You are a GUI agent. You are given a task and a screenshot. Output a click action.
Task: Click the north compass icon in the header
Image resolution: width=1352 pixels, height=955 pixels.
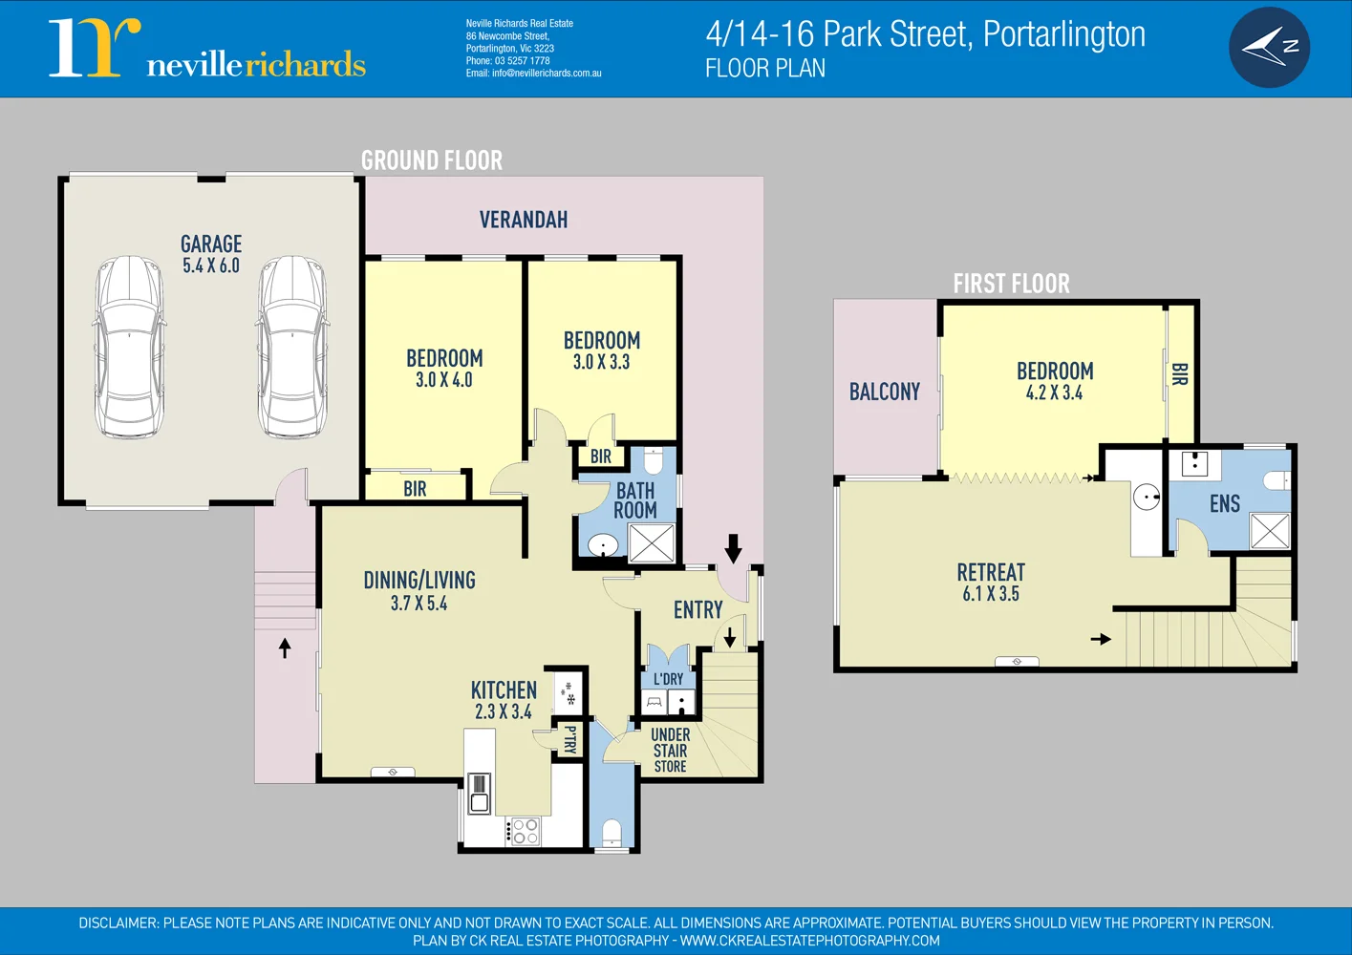(1269, 48)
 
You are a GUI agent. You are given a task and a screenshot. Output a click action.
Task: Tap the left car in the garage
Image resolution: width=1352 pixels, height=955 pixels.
(130, 347)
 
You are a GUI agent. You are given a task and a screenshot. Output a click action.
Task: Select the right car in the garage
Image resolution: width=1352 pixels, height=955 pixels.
(292, 347)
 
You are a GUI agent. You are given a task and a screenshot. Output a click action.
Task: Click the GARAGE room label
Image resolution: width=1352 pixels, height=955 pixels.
(211, 244)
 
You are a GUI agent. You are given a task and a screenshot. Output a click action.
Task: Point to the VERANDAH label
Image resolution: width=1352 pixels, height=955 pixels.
(524, 221)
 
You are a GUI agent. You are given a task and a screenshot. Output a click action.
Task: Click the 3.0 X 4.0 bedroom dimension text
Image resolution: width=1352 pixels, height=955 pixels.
(444, 380)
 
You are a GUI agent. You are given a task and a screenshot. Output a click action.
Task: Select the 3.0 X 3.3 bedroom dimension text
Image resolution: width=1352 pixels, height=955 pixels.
(601, 362)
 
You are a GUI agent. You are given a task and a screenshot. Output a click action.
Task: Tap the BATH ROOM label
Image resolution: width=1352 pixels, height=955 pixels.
(635, 500)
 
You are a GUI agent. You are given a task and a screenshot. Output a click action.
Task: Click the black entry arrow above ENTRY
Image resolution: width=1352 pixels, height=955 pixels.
(733, 548)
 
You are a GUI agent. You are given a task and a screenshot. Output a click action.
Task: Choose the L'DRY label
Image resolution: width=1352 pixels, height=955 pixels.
(668, 679)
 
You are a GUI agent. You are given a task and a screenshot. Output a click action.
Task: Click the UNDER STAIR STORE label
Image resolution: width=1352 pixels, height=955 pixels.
(670, 751)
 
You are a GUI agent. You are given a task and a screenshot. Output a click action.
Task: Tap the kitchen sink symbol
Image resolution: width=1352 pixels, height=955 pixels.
(479, 794)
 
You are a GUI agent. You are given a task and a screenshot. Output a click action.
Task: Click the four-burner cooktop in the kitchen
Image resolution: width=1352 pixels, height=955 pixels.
(526, 831)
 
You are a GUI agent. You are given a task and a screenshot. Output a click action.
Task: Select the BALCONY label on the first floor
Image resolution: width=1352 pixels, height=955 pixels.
(885, 393)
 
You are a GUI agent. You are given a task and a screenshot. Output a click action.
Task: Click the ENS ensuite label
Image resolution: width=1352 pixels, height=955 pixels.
(1225, 504)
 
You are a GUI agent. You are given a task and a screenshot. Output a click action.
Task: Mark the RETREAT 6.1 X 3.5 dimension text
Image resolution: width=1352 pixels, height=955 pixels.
(991, 594)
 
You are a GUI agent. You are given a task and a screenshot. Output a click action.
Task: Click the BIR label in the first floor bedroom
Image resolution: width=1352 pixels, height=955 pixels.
(1180, 374)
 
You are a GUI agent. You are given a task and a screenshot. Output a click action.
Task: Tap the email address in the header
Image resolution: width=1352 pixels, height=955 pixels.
(533, 74)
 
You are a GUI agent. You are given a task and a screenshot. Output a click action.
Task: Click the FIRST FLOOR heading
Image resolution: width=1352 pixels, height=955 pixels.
(1011, 284)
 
